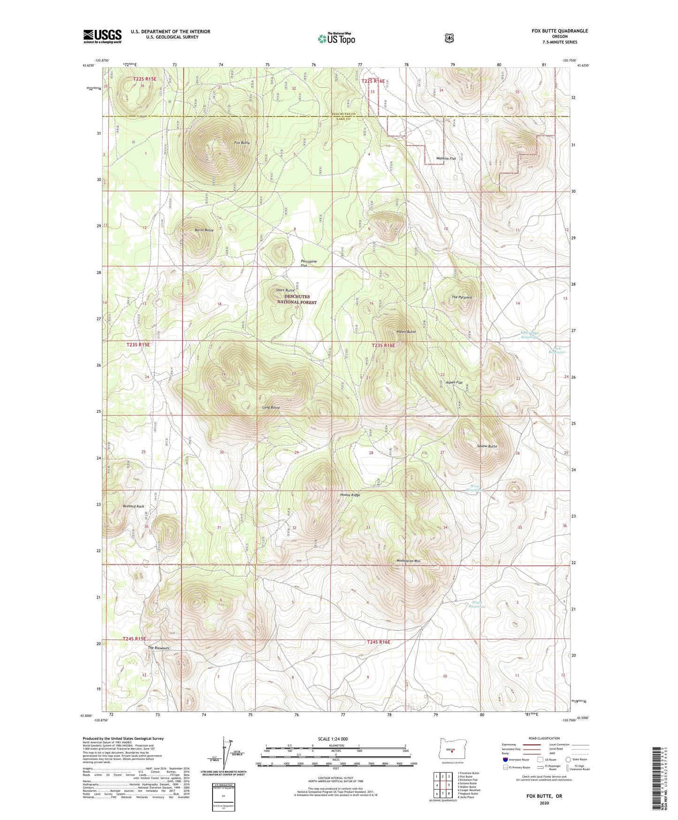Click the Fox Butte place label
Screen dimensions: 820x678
point(242,142)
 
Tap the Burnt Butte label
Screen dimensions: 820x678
point(204,230)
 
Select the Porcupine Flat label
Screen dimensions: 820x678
point(308,263)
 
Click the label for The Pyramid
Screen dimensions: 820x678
point(461,297)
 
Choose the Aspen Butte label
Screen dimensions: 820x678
point(406,332)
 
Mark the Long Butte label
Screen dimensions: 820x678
point(271,407)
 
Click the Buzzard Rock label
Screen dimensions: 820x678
point(134,506)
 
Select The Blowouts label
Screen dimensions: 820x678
point(159,648)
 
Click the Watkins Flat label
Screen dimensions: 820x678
point(446,159)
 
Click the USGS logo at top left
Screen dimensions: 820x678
point(102,36)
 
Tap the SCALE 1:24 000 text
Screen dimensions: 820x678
point(333,739)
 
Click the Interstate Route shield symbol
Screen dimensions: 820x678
point(505,759)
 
